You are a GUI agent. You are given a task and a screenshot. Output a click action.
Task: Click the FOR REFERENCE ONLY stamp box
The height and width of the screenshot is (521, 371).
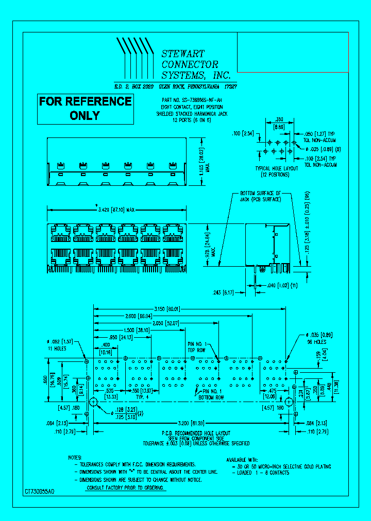click(x=86, y=108)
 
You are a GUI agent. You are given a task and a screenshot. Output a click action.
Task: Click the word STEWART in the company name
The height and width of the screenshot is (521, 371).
click(x=183, y=54)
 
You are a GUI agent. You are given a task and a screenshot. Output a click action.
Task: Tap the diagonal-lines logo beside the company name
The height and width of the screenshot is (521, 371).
click(x=135, y=57)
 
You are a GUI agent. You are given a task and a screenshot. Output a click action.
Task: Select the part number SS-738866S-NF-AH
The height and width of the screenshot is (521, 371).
click(x=198, y=100)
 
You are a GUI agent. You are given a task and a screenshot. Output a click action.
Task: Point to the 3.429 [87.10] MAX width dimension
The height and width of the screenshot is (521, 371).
click(x=116, y=209)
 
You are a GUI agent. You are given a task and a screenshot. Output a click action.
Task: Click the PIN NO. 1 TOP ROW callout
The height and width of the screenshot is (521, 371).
click(x=198, y=346)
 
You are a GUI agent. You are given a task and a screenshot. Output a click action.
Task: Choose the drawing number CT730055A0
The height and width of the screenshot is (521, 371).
click(x=40, y=492)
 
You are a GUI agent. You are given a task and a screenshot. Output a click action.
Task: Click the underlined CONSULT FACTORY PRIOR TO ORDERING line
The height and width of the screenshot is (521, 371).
click(x=126, y=487)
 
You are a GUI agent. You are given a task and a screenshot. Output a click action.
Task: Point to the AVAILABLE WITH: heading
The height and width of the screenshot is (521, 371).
click(x=244, y=460)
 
